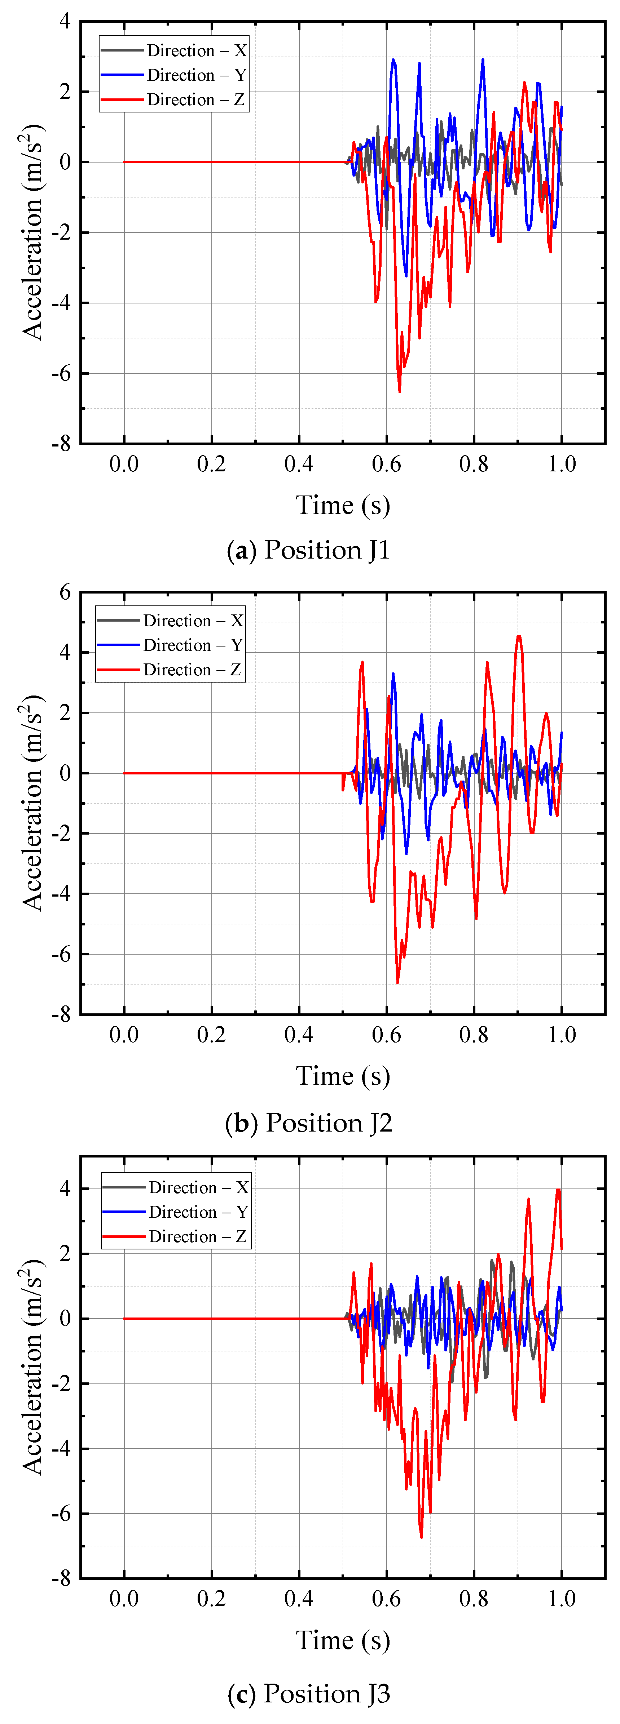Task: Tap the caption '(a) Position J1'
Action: coord(309,550)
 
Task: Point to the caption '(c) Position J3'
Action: coord(309,1693)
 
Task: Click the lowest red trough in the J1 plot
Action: coord(400,391)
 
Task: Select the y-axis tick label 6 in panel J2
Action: coord(65,592)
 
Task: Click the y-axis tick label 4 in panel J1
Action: coord(65,21)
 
